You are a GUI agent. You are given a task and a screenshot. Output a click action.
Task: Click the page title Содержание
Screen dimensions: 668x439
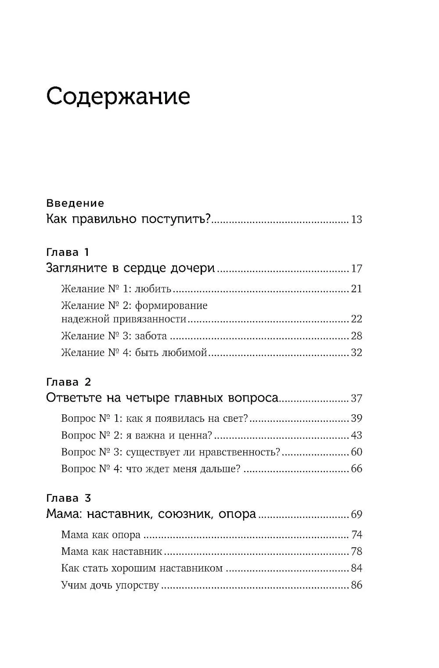point(118,96)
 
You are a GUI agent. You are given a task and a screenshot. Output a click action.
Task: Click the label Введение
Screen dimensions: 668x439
point(75,203)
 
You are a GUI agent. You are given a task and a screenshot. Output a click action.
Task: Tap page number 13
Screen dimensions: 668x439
point(356,220)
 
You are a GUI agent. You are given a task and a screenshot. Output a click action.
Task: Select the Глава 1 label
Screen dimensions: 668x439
point(68,252)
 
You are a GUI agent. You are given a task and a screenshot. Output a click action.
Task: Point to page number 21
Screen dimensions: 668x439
point(356,289)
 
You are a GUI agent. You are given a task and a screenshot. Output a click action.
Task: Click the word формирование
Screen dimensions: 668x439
point(171,305)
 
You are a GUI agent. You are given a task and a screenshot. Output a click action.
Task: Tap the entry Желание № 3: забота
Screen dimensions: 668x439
point(114,336)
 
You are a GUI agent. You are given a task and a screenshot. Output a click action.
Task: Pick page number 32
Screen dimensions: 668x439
point(356,352)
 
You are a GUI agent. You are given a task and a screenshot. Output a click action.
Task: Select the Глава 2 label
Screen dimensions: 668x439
point(68,382)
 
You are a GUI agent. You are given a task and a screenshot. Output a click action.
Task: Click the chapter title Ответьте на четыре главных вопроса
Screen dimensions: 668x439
point(162,398)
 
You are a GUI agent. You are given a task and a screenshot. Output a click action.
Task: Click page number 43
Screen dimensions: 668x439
point(356,435)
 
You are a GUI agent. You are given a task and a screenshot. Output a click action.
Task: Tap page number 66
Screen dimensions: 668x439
point(356,469)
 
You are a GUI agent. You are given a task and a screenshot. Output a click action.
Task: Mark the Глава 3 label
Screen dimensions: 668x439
point(68,498)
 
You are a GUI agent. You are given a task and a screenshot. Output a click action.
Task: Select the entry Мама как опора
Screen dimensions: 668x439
point(101,535)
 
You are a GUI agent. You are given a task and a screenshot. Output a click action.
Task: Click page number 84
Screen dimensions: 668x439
point(356,568)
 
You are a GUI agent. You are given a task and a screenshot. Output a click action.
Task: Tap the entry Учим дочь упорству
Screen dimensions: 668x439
point(110,585)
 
